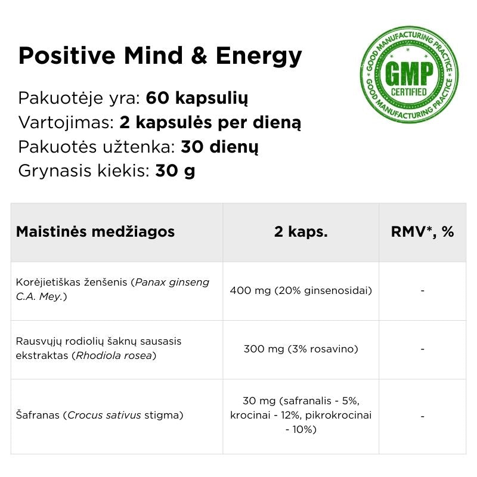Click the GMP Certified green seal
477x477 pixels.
coord(409,75)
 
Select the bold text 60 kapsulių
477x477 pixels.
coord(197,98)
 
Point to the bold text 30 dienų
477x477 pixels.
coord(219,147)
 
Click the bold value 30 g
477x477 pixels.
coord(175,171)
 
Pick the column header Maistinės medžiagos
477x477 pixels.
coord(95,232)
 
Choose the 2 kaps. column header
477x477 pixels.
coord(301,232)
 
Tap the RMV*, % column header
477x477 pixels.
coord(422,232)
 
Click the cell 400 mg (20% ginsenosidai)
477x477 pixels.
coord(301,291)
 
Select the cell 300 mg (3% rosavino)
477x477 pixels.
coord(301,349)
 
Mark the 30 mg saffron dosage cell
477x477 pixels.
coord(301,414)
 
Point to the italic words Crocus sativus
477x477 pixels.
coord(104,415)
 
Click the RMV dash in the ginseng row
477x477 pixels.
coord(422,291)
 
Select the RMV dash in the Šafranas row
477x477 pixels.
coord(422,416)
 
